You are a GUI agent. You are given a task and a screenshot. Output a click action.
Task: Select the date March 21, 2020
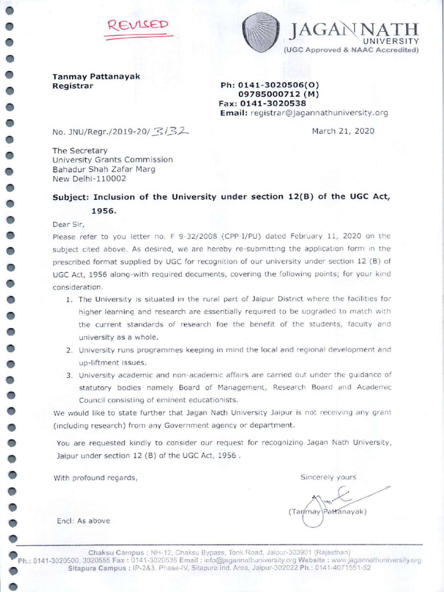343,131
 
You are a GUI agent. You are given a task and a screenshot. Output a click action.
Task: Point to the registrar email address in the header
319,113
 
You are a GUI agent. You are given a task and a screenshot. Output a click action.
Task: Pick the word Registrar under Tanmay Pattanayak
73,86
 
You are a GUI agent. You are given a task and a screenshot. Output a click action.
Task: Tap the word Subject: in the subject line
71,197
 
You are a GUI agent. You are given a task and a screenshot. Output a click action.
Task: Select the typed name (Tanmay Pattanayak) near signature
327,512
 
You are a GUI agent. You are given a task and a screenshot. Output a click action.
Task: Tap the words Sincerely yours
328,477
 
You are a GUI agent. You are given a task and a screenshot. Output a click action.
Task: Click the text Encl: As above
83,520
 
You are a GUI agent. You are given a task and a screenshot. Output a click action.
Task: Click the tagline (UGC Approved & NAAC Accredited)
350,50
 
